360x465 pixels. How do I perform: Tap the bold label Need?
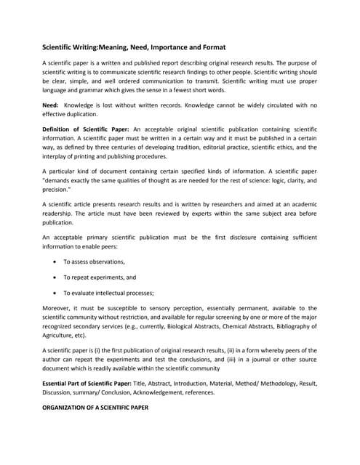pyautogui.click(x=50, y=105)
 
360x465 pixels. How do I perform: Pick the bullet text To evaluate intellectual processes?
pyautogui.click(x=108, y=294)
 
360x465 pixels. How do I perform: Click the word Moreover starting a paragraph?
pyautogui.click(x=58, y=309)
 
